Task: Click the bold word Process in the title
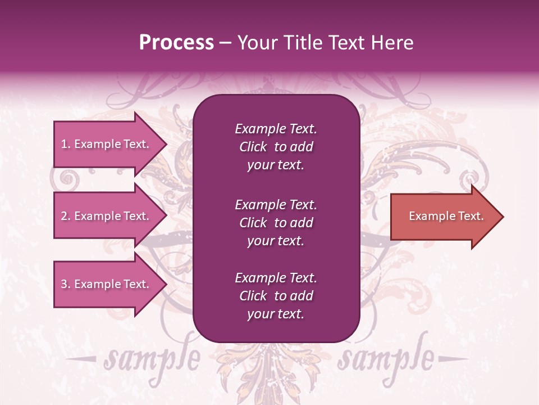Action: (176, 43)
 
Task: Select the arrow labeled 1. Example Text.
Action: (107, 144)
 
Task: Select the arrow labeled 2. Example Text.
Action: (107, 216)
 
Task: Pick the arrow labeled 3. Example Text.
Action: (107, 284)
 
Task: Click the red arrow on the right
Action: (444, 217)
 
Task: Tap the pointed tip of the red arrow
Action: (501, 217)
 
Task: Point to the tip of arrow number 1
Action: (166, 144)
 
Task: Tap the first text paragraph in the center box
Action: (276, 147)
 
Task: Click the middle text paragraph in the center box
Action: (276, 223)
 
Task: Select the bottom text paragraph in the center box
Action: (276, 296)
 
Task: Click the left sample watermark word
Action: (152, 358)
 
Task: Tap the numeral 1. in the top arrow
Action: (66, 144)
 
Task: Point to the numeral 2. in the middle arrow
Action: (66, 216)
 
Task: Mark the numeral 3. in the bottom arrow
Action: (66, 284)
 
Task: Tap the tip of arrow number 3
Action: (166, 284)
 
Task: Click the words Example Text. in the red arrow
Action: (446, 216)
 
